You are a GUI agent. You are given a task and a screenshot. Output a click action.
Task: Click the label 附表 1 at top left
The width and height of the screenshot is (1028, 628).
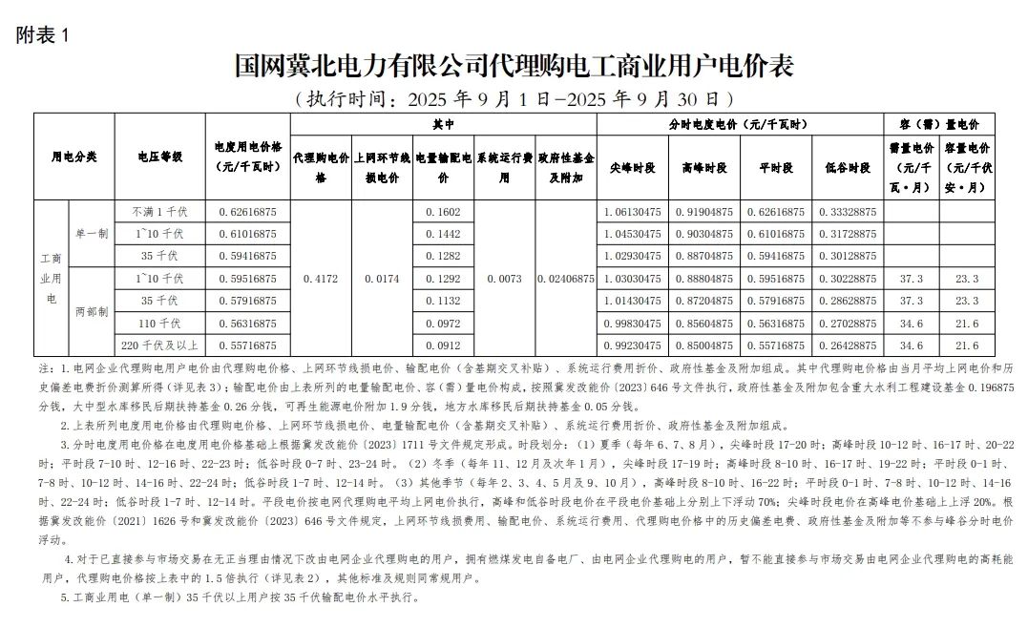tap(43, 35)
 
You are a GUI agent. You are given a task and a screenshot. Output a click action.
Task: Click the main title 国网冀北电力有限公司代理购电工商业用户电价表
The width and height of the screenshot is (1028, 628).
tap(514, 66)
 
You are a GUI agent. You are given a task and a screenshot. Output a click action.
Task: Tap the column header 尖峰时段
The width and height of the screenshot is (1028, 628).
tap(632, 167)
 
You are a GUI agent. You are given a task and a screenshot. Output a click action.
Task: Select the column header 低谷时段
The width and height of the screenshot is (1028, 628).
tap(847, 167)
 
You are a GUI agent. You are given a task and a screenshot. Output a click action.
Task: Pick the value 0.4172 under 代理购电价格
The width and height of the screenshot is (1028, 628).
tap(320, 278)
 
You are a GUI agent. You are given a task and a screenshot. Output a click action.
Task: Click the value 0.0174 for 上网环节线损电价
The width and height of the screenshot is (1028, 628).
tap(382, 278)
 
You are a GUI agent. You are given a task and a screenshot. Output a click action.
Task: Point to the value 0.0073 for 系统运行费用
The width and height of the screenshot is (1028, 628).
tap(505, 278)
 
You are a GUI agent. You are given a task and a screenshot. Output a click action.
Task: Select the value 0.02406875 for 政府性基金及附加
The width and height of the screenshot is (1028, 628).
tap(566, 278)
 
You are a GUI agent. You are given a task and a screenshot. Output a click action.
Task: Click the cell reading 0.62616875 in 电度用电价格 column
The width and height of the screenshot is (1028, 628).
tap(247, 211)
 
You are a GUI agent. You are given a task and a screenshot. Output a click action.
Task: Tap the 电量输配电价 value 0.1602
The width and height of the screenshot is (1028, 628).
tap(444, 211)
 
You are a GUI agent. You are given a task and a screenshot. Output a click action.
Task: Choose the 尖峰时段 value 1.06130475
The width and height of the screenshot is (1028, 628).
tap(632, 211)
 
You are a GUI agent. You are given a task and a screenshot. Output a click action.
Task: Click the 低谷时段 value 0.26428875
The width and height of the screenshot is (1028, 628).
tap(847, 345)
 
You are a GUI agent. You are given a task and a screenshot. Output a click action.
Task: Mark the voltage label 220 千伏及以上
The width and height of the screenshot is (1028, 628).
tap(160, 345)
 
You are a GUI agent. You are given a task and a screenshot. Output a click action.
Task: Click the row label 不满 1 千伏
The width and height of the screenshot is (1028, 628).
tap(160, 211)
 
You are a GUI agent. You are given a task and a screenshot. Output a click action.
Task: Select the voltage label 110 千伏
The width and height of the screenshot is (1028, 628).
tap(160, 323)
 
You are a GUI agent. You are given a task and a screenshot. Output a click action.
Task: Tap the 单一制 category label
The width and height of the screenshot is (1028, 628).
tap(93, 234)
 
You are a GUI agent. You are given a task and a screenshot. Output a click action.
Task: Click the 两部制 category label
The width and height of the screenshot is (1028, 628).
tap(93, 312)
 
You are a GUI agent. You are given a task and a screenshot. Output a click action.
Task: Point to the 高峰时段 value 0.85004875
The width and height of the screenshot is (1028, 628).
tap(703, 345)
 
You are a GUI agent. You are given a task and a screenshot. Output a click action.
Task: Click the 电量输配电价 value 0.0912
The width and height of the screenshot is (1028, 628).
tap(444, 345)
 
